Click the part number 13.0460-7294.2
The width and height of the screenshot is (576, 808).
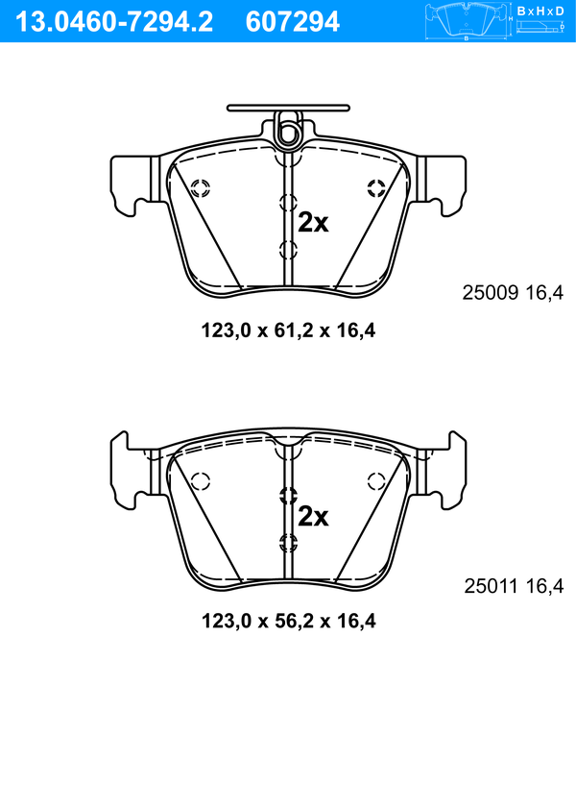114,22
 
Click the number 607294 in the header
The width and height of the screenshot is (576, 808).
293,22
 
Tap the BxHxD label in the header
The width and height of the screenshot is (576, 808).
540,11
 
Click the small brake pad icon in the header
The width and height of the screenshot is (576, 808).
467,22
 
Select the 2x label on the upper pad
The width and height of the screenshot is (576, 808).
313,223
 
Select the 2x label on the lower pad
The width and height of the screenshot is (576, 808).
313,516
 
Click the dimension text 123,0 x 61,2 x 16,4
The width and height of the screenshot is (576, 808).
288,331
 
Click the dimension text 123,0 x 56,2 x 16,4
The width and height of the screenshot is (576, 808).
288,621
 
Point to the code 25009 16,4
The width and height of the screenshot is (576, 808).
513,293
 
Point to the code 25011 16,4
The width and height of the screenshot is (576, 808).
514,586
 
